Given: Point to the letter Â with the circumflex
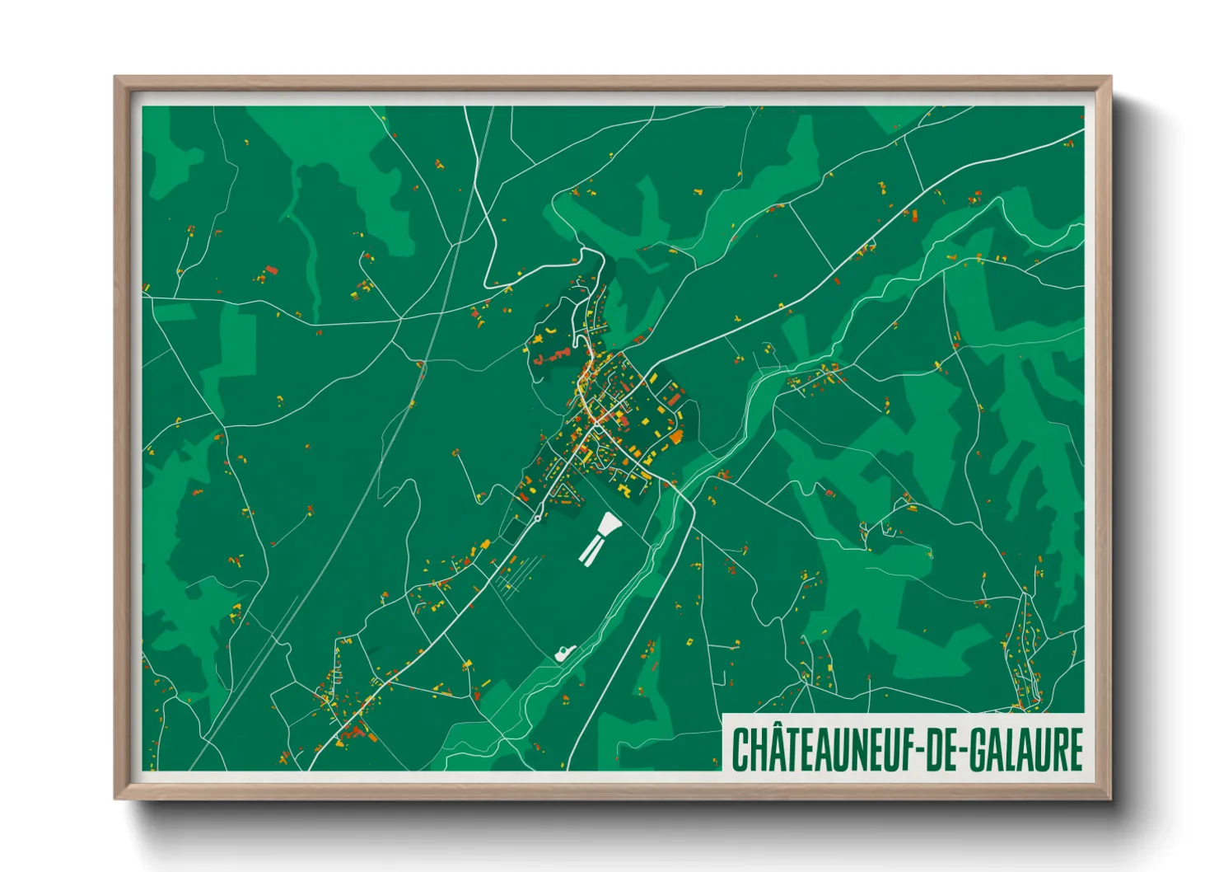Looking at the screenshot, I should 768,749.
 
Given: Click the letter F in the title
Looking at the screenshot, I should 907,749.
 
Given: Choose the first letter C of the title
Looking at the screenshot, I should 740,749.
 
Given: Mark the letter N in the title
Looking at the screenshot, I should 855,749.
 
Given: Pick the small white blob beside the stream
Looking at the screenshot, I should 564,653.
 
